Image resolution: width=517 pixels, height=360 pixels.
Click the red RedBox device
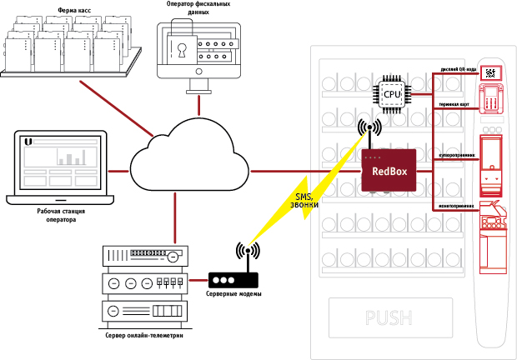[x=390, y=171]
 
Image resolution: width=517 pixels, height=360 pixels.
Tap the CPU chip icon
[x=391, y=94]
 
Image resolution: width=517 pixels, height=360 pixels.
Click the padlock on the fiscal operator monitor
[x=182, y=47]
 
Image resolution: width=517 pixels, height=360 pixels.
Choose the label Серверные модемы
[x=233, y=295]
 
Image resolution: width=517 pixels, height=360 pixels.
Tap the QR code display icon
[x=491, y=73]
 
